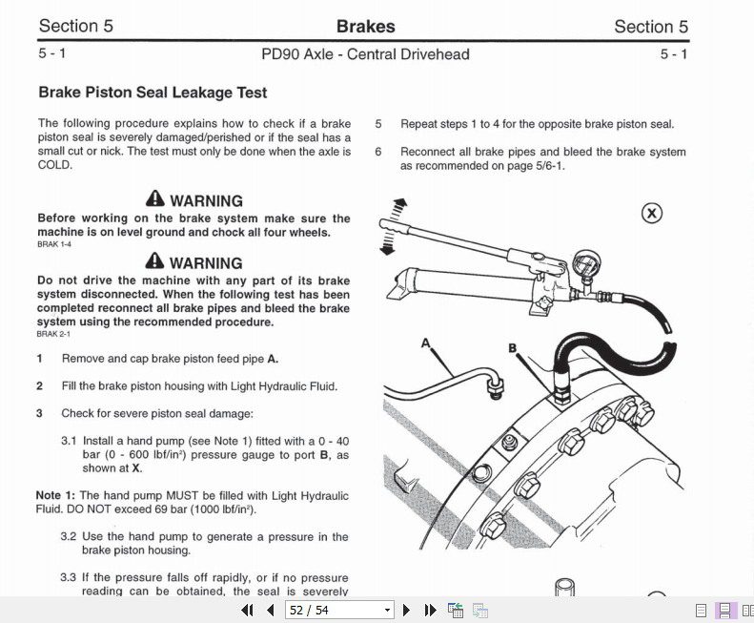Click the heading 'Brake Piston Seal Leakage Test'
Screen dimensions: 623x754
153,93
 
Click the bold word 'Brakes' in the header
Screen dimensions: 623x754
365,27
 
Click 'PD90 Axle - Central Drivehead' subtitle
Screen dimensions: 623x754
365,54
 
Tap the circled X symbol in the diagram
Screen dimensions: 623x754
652,213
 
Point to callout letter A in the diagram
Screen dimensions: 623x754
425,342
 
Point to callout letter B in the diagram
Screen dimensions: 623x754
512,348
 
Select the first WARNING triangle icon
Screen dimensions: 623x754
155,199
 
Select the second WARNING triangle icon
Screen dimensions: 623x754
155,261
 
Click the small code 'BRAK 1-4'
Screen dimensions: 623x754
54,245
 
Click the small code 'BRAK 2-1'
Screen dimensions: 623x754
54,334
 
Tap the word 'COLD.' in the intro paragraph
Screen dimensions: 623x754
55,164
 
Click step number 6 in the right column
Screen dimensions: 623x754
378,152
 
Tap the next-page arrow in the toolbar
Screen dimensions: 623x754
407,611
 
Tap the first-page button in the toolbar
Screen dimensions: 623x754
247,611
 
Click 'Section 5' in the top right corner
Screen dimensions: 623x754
651,27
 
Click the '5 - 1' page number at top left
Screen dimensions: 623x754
52,54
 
